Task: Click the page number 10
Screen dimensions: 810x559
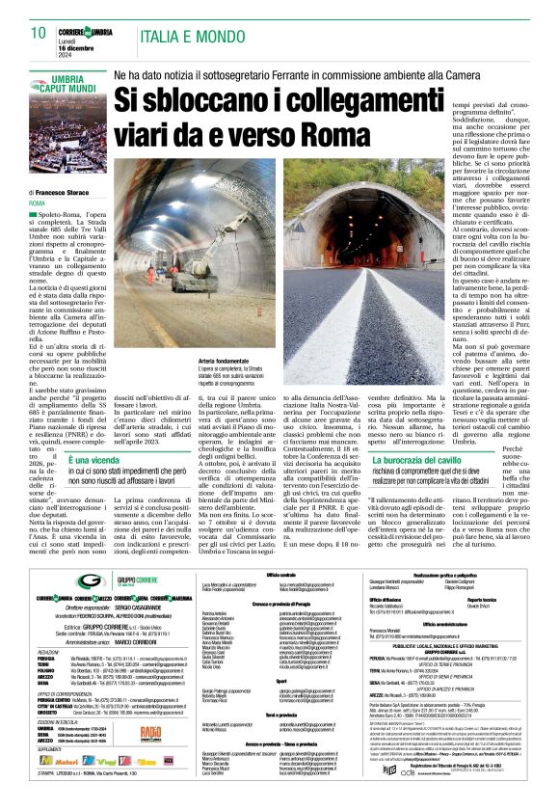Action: pos(39,33)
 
